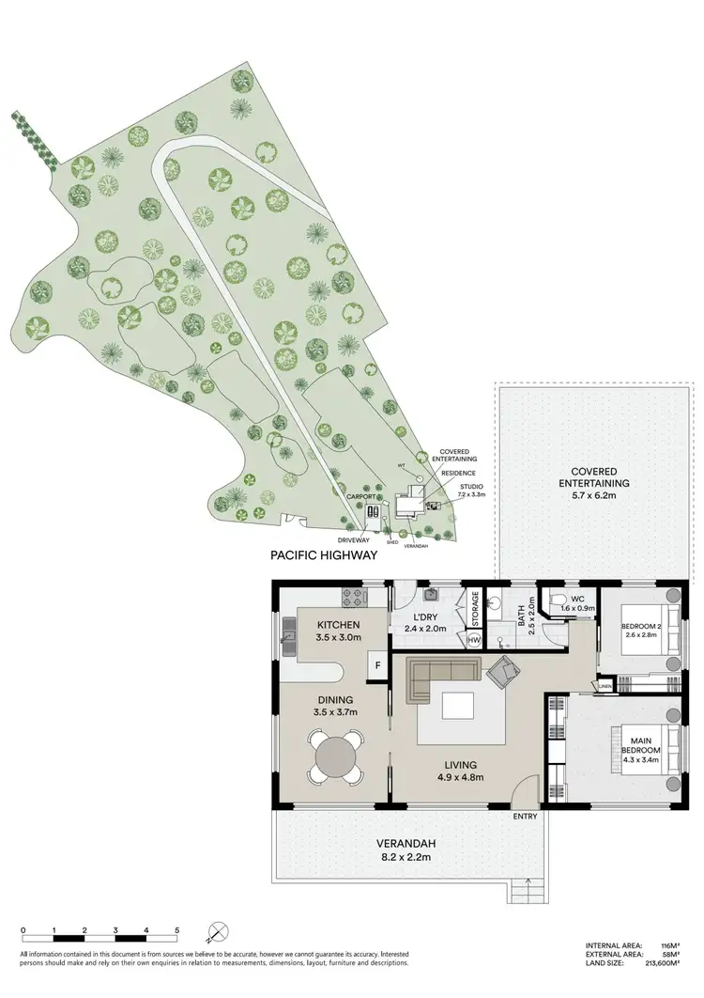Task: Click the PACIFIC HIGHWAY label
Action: tap(324, 555)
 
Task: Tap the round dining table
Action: tap(335, 758)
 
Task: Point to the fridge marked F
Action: tap(376, 665)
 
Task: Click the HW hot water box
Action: tap(475, 640)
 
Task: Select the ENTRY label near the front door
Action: tap(525, 816)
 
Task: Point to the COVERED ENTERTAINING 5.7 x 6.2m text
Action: tap(589, 476)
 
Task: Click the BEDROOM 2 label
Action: tap(642, 629)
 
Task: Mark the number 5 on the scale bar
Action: tap(176, 930)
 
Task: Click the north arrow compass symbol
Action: tap(216, 931)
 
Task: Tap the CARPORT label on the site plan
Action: tap(360, 495)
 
